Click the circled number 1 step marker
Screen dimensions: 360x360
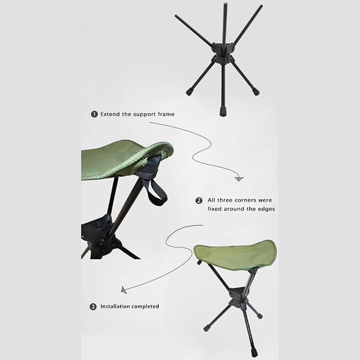coord(94,114)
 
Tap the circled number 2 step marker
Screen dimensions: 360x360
coord(199,200)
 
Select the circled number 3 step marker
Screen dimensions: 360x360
coord(93,307)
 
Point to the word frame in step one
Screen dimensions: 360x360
coord(166,114)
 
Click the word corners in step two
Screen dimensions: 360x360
coord(245,200)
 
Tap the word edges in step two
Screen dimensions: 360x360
coord(266,209)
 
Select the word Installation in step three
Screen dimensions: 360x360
coord(115,306)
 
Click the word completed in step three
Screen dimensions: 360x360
coord(145,306)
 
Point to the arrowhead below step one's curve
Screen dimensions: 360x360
coord(239,179)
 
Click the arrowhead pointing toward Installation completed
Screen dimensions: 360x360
coord(124,290)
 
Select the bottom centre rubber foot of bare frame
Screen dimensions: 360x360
coord(223,112)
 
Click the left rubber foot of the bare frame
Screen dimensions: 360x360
coord(190,92)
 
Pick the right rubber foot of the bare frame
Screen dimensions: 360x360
coord(256,92)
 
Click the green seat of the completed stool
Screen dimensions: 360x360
coord(235,255)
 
